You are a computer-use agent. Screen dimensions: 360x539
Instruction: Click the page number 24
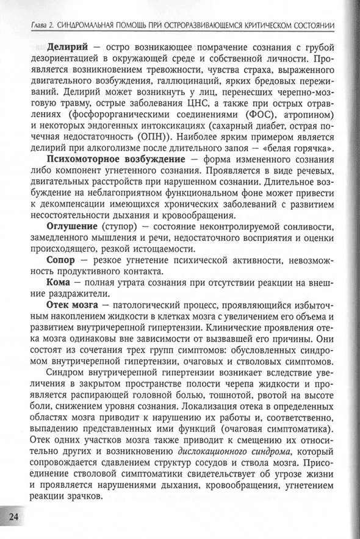pos(13,515)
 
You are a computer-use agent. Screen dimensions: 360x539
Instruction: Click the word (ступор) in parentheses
pos(121,226)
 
